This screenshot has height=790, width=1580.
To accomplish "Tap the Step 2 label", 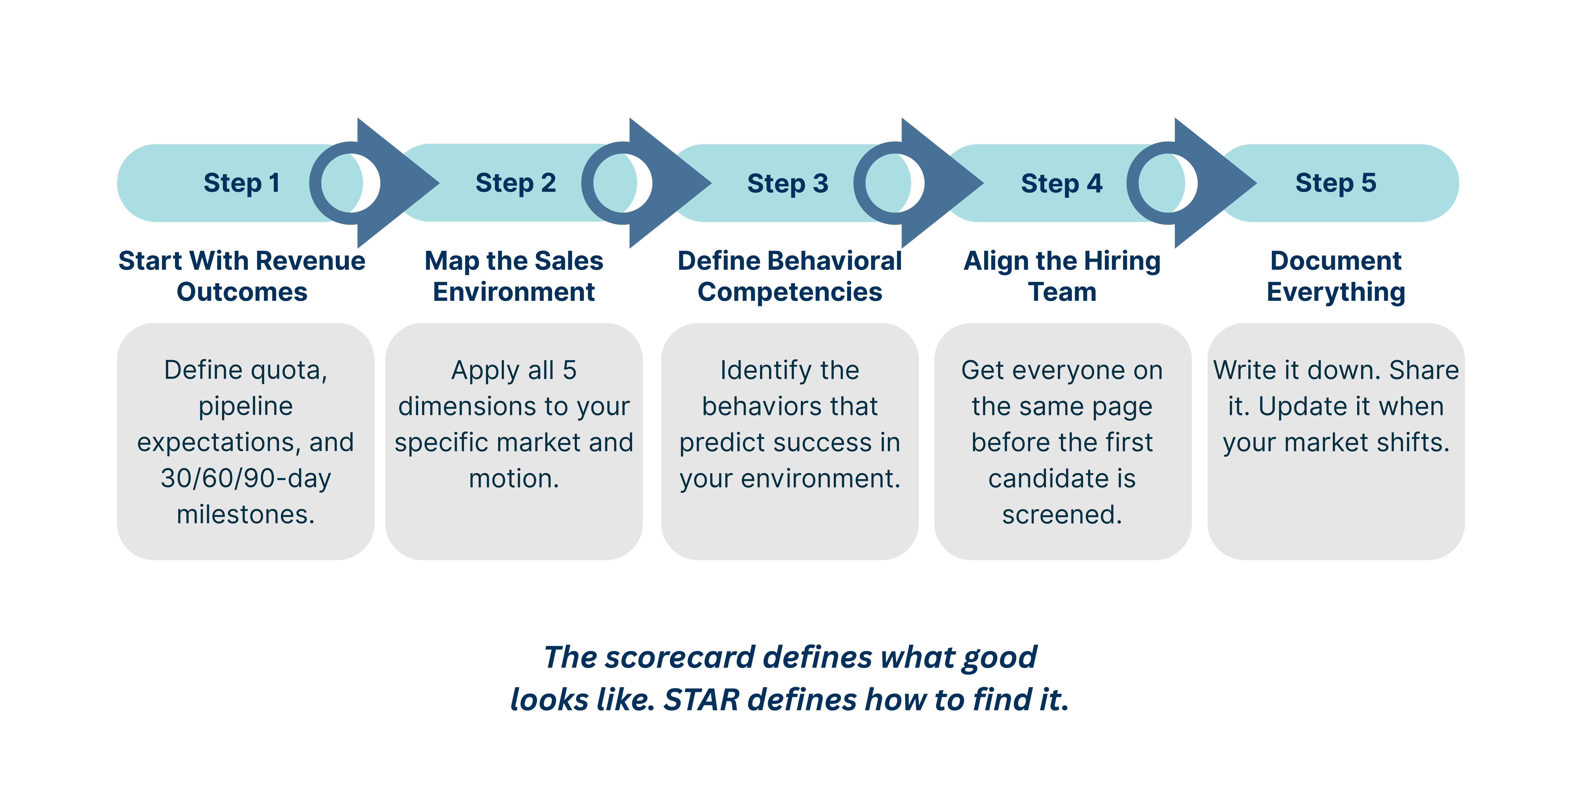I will pos(515,183).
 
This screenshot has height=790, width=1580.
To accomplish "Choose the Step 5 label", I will pos(1335,183).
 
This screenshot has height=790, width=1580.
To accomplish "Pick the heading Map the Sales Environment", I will pos(514,276).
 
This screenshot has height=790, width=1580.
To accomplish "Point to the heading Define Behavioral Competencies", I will pos(789,276).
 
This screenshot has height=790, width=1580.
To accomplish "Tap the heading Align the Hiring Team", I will pos(1062,276).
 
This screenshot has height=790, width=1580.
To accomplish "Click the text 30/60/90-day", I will pos(245,478).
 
